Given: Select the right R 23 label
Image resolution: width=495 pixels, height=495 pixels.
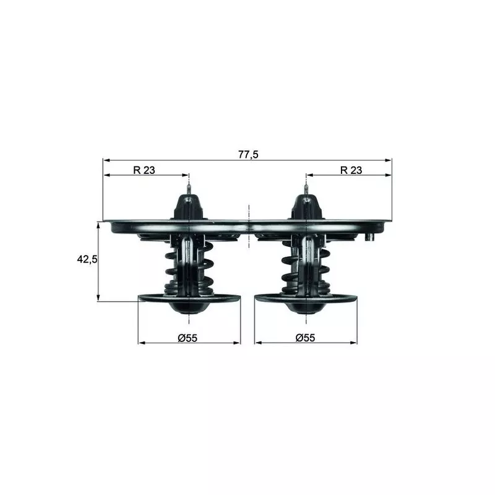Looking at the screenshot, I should pos(351,170).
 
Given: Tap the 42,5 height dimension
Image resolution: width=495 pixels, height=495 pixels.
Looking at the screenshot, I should pos(87,260).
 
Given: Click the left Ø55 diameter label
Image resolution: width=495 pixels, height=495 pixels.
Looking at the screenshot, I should pos(187,338).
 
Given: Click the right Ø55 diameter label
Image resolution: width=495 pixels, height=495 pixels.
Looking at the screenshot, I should pos(306,338).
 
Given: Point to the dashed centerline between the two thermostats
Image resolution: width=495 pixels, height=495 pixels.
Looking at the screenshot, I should pos(247,229).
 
